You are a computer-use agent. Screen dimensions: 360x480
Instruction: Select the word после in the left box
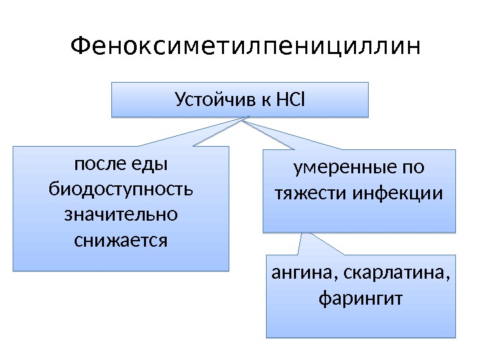coord(98,163)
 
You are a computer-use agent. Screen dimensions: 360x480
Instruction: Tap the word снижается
coord(121,239)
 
